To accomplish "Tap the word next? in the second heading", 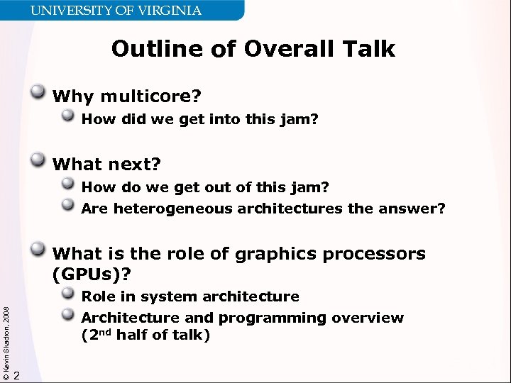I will pyautogui.click(x=134, y=165).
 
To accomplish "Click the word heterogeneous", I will pyautogui.click(x=172, y=209).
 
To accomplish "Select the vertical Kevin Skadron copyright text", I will pyautogui.click(x=6, y=333).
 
